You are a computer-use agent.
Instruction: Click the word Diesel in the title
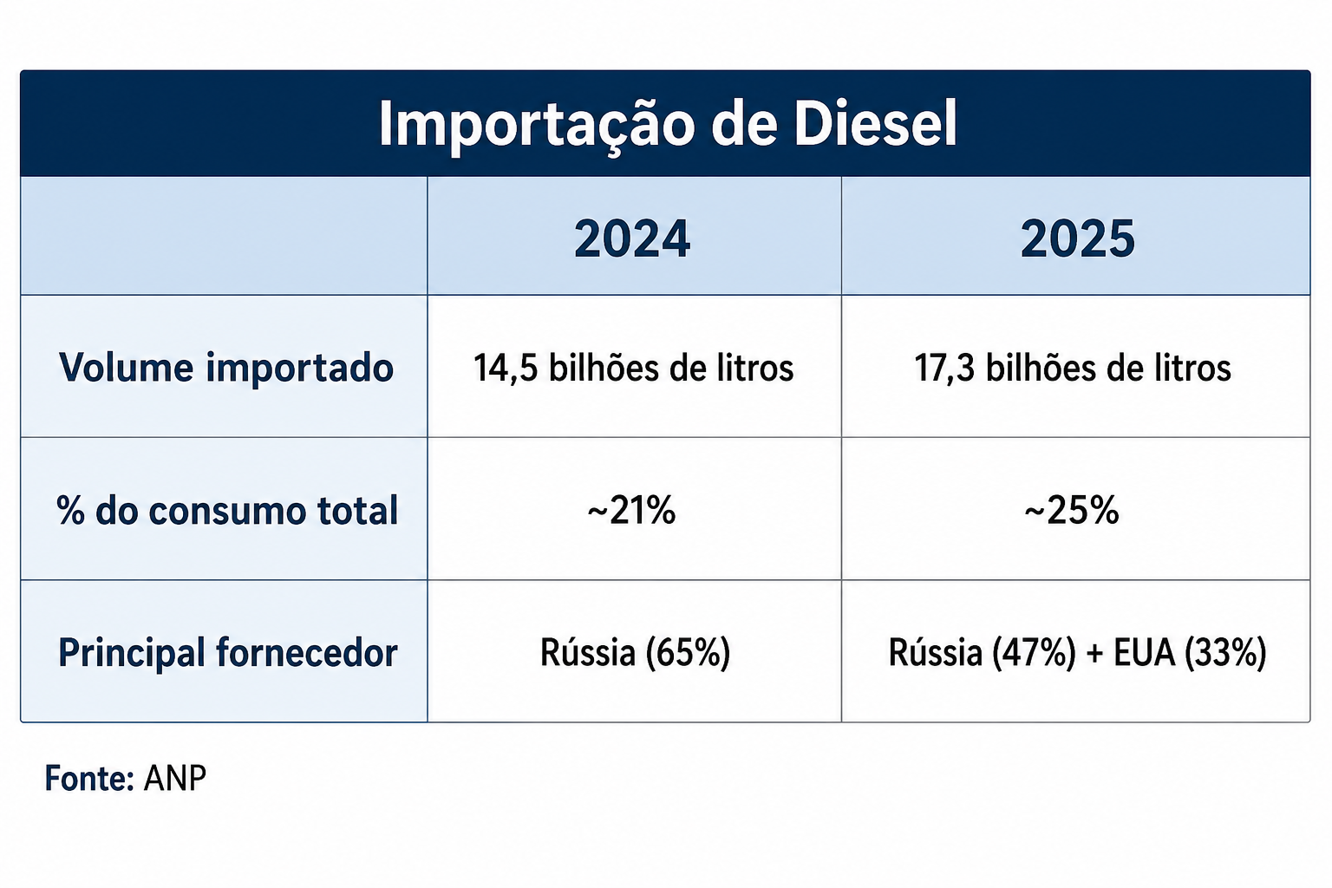click(x=875, y=124)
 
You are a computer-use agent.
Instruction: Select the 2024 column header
click(x=632, y=238)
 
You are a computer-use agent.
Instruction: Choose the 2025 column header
click(x=1078, y=238)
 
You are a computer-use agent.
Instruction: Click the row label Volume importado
click(x=226, y=368)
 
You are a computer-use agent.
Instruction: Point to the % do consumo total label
click(x=227, y=510)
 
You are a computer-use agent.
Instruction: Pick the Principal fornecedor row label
click(x=228, y=653)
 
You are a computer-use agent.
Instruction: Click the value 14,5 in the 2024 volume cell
click(x=506, y=369)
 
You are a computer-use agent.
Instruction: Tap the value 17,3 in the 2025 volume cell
click(x=944, y=369)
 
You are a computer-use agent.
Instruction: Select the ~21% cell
click(x=631, y=510)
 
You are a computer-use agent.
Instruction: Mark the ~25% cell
click(x=1072, y=510)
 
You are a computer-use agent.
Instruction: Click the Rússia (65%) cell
click(x=635, y=653)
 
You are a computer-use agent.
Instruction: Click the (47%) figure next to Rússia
click(x=1034, y=653)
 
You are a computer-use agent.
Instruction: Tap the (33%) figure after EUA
click(x=1225, y=653)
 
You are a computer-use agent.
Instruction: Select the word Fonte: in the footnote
click(x=89, y=778)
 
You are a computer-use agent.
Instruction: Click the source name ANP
click(x=175, y=778)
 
